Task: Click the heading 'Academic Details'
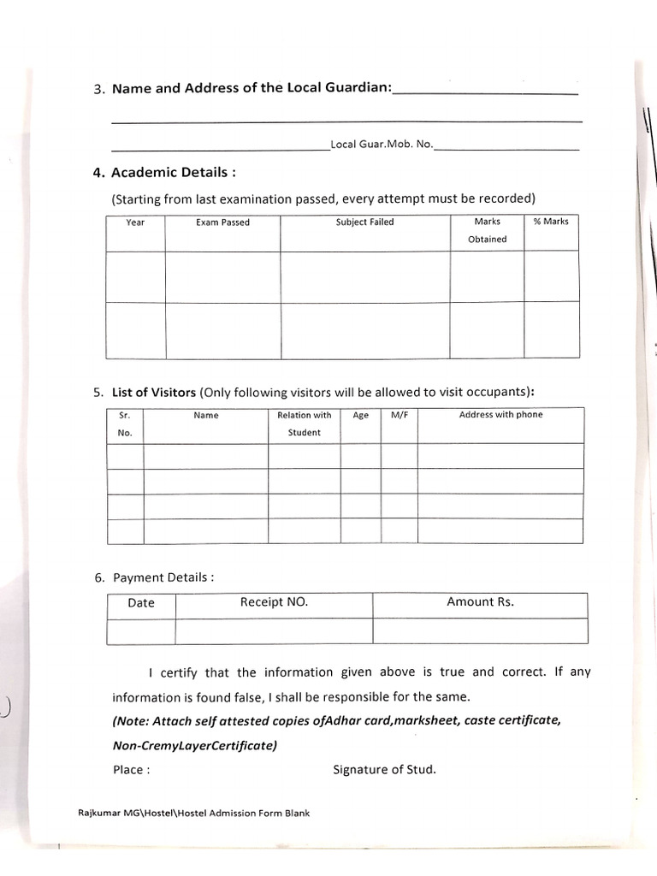[165, 172]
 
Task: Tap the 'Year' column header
[135, 222]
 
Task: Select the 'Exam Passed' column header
[222, 222]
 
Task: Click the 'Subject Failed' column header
[364, 222]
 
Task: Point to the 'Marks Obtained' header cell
[487, 230]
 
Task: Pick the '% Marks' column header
[551, 222]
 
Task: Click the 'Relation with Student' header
[304, 423]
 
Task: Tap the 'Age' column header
[360, 415]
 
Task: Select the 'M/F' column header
[400, 415]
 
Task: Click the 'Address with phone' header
[500, 415]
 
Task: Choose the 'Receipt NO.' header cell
[274, 602]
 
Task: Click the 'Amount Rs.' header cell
[480, 602]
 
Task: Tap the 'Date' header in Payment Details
[141, 603]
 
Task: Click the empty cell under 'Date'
[141, 631]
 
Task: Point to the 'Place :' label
[132, 769]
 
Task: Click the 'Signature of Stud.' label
[384, 769]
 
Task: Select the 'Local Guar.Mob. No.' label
[382, 145]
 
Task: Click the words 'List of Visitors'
[154, 393]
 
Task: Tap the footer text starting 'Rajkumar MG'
[188, 813]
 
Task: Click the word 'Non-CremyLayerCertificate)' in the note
[195, 745]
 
